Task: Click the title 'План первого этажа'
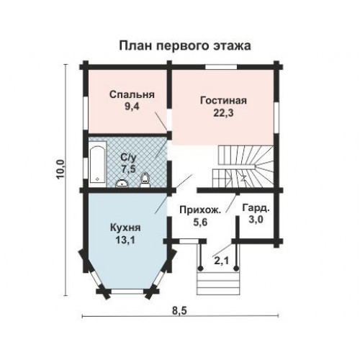coord(185,46)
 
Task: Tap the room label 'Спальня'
coord(132,94)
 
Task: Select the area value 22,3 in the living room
coord(223,113)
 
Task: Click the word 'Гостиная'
coord(223,100)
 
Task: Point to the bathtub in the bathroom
coord(97,164)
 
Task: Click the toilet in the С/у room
coord(145,181)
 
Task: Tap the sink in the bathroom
coord(122,184)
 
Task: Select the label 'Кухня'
coord(125,228)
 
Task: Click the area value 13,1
coord(125,240)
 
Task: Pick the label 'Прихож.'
coord(200,210)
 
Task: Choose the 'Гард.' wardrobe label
coord(256,208)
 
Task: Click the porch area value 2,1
coord(222,261)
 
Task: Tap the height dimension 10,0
coord(60,169)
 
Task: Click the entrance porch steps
coord(218,283)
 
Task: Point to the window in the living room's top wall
coord(221,67)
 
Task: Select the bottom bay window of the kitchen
coord(127,292)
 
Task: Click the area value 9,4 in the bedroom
coord(132,107)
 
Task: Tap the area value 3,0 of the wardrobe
coord(256,220)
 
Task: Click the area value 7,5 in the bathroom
coord(128,169)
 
